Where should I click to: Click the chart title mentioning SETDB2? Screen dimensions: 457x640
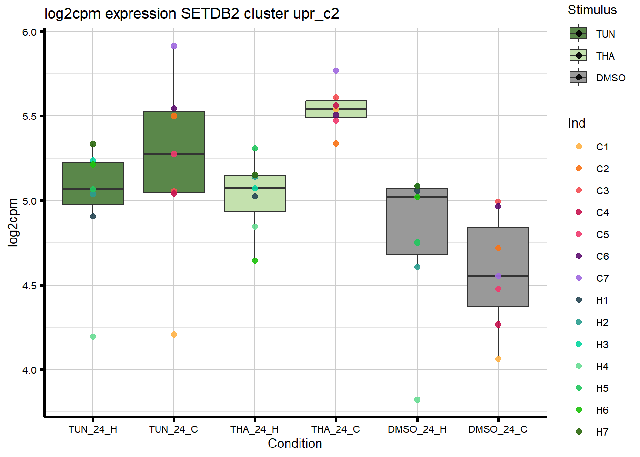coord(191,14)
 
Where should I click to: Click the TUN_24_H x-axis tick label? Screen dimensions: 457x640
coord(93,429)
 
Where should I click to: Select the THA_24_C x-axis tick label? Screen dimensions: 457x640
coord(336,429)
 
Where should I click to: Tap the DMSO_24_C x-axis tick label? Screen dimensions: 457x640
coord(498,429)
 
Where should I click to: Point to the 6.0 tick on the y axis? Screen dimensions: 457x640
coord(30,32)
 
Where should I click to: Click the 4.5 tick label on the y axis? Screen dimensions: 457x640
coord(30,286)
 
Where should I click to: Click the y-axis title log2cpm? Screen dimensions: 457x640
coord(13,222)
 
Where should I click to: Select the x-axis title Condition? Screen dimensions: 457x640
coord(295,444)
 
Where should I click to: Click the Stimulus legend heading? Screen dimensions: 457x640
coord(592,10)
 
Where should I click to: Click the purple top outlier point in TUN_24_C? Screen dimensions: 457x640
coord(174,46)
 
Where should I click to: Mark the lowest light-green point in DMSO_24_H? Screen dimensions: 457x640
coord(417,400)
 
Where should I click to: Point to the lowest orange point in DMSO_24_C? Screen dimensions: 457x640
coord(498,359)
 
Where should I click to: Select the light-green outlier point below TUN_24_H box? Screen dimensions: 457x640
coord(93,337)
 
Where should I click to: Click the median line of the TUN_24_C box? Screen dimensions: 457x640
coord(174,154)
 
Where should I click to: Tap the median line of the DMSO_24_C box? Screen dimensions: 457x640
coord(498,276)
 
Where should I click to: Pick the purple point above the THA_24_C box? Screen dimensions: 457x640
coord(336,71)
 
